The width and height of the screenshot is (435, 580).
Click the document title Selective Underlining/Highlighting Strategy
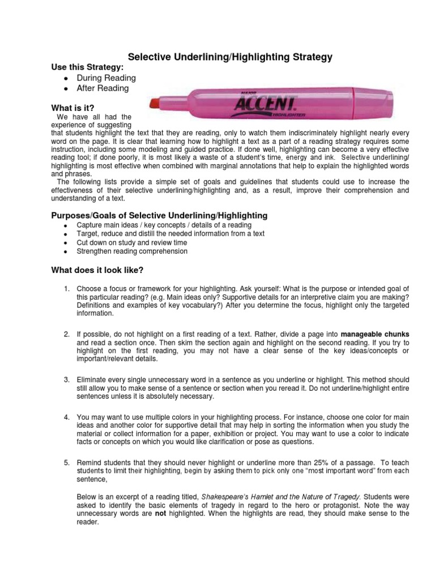[x=229, y=57]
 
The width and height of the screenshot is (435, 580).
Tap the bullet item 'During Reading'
[x=106, y=78]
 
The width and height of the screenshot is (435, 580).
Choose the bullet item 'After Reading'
[x=103, y=88]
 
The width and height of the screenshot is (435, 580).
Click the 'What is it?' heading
[x=72, y=107]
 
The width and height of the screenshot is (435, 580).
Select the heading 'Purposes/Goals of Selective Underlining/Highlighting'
[x=160, y=216]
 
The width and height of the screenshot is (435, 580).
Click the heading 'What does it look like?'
[x=98, y=270]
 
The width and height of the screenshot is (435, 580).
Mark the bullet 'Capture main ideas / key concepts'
[x=156, y=225]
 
